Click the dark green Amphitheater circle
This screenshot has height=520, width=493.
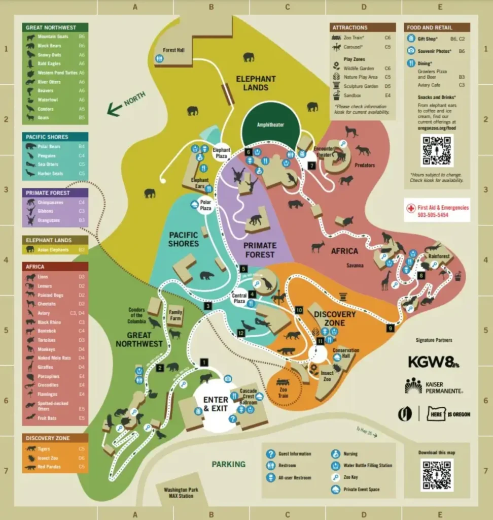click(x=270, y=124)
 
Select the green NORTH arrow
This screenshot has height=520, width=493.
click(x=126, y=104)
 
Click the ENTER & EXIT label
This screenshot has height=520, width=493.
click(x=216, y=404)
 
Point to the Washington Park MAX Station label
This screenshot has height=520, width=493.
click(x=178, y=493)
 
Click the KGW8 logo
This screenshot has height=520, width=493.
click(x=434, y=362)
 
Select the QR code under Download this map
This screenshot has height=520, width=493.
click(x=437, y=475)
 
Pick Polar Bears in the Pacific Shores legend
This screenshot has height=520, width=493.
click(x=49, y=146)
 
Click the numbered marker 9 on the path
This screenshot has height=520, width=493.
click(x=390, y=328)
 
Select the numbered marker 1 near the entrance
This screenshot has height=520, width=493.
click(x=204, y=362)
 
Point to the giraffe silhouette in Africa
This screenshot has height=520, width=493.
click(x=387, y=280)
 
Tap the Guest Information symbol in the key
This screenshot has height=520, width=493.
click(x=270, y=454)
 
